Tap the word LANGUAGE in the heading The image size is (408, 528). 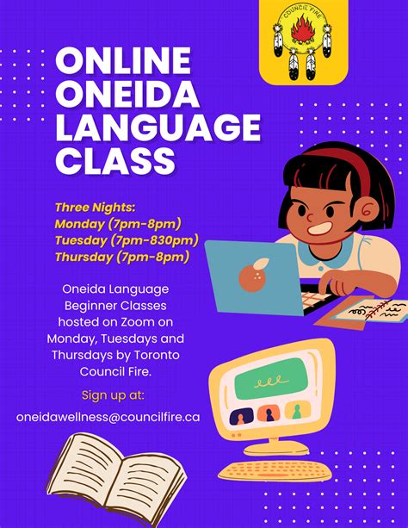(x=157, y=127)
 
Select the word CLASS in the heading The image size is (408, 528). (x=114, y=160)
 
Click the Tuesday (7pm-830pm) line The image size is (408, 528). (x=127, y=240)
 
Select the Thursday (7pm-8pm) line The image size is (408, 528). (x=122, y=257)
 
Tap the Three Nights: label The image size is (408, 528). (x=95, y=208)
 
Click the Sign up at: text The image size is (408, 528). (x=113, y=395)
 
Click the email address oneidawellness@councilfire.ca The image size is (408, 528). (x=108, y=416)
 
